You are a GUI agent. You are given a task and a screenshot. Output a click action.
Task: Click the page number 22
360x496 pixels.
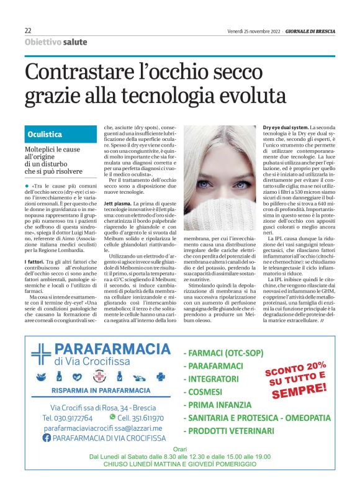click(29, 31)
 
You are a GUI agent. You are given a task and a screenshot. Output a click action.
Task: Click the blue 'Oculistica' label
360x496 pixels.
click(45, 134)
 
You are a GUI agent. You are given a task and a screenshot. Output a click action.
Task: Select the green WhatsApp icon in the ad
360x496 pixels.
click(112, 418)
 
